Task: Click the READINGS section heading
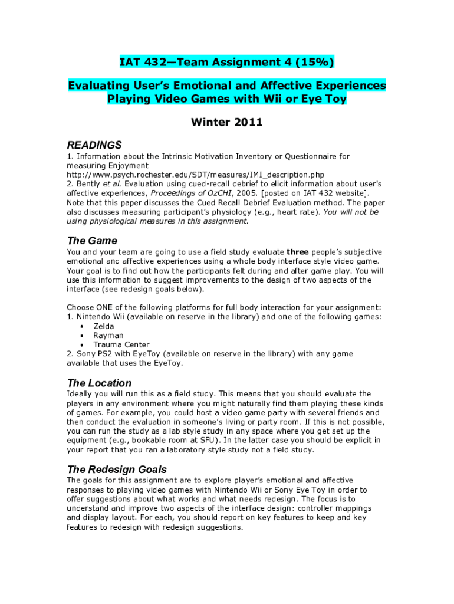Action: point(94,145)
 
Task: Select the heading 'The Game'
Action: point(92,241)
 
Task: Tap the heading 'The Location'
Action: point(99,383)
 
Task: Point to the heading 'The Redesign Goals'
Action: point(117,470)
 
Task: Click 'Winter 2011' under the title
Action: point(227,123)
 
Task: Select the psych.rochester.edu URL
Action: point(195,175)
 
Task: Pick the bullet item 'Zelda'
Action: point(104,326)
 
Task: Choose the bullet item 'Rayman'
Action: point(108,336)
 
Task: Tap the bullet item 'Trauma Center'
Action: point(121,344)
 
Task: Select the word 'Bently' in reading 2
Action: point(87,184)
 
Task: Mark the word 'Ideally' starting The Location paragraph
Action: point(81,394)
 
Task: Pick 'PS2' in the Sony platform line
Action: point(106,354)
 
